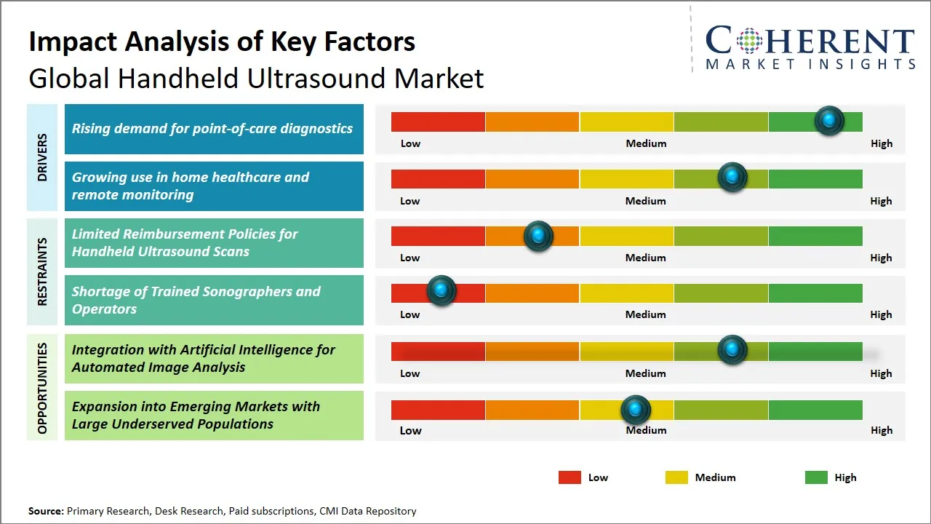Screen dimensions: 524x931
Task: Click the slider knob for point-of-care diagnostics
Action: [x=828, y=121]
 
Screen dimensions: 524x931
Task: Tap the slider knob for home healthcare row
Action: [x=732, y=178]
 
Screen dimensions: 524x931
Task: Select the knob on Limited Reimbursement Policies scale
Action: [x=538, y=236]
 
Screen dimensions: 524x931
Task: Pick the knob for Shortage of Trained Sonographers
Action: [x=441, y=291]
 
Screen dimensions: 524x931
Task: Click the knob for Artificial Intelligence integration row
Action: [x=732, y=350]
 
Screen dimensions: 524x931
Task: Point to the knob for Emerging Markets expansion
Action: [x=636, y=410]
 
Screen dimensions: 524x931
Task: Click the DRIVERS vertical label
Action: [x=42, y=157]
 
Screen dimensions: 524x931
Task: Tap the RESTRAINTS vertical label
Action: [x=42, y=271]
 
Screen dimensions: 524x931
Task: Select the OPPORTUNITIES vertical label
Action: [x=42, y=388]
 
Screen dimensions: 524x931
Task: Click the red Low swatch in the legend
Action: [x=570, y=477]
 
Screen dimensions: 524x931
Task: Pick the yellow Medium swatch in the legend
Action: [x=676, y=477]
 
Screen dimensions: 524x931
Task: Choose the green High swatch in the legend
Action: [x=816, y=477]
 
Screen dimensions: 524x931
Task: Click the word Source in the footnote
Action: [x=45, y=511]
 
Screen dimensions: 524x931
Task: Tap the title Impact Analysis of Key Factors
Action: [x=222, y=41]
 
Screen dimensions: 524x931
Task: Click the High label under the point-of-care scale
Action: [x=881, y=143]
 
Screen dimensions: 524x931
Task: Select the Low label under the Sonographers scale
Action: [x=410, y=314]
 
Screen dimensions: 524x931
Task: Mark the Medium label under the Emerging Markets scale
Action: [x=646, y=430]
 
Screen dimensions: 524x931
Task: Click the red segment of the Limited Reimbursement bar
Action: [x=438, y=236]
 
